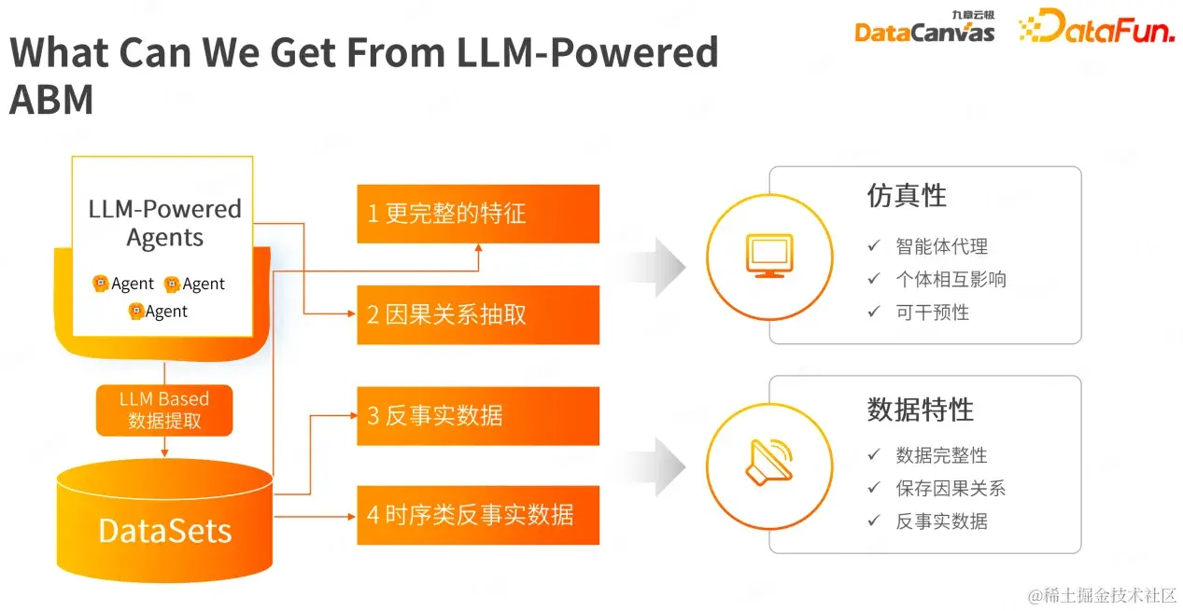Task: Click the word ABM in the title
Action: pos(51,100)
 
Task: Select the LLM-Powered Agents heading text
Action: pos(164,223)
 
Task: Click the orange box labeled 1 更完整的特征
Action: pos(478,214)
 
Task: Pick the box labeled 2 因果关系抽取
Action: pos(478,314)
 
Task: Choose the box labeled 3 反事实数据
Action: pos(478,415)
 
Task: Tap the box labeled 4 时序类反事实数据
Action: pos(478,515)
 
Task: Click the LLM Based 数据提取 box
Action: pos(164,410)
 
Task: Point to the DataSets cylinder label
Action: pos(164,531)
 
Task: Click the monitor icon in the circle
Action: pos(768,255)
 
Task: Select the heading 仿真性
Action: pos(906,196)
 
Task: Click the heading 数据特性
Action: pos(920,410)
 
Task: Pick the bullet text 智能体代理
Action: pos(941,246)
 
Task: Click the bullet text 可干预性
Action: pos(932,312)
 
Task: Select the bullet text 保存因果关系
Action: pos(951,488)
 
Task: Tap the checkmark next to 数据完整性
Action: pos(874,454)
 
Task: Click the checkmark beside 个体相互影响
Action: pos(874,279)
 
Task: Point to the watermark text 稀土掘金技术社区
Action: pos(1109,595)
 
